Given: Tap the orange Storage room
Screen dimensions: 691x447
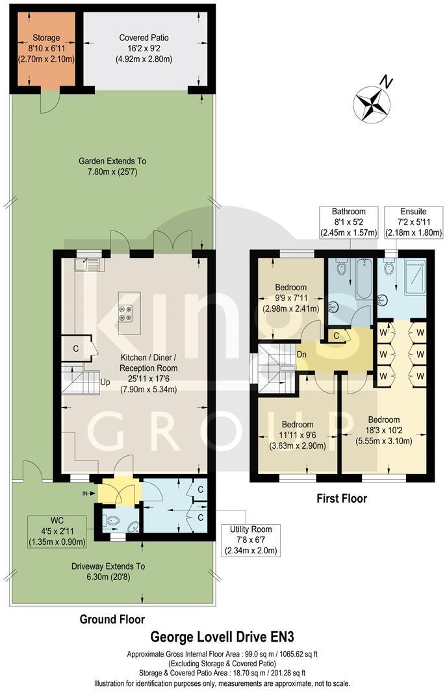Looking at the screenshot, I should coord(42,49).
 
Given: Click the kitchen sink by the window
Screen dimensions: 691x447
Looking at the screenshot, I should coord(87,264).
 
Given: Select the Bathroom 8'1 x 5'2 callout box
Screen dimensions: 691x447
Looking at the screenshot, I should coord(348,222).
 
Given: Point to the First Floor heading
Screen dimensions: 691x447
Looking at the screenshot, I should coord(341,499).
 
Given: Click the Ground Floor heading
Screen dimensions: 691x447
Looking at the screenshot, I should coord(112,619).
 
